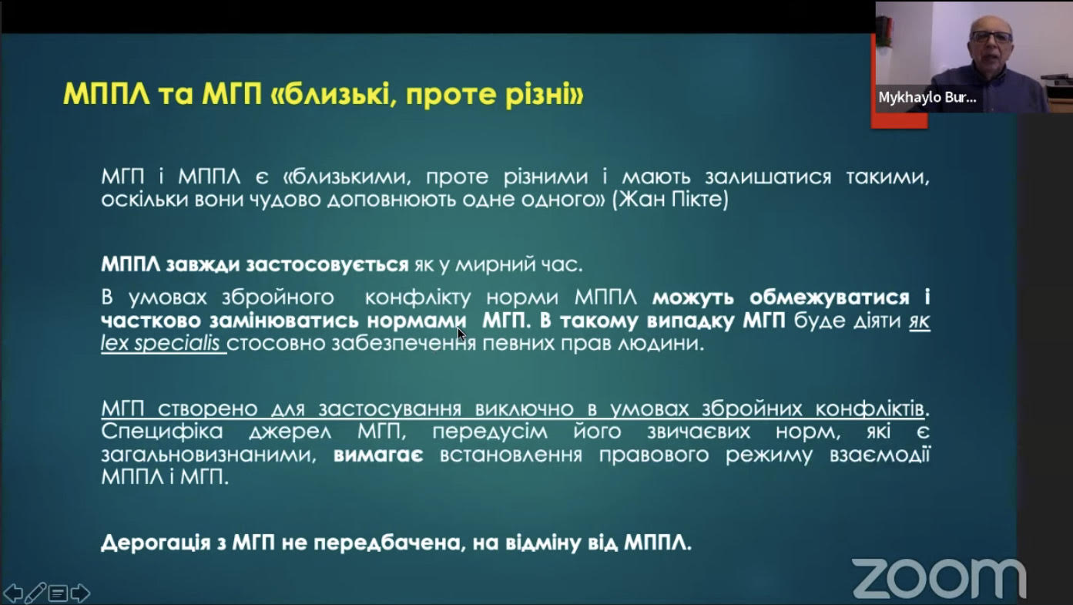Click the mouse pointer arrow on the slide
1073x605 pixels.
click(461, 334)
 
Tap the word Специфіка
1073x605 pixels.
click(162, 431)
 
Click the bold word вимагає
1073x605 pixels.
click(378, 455)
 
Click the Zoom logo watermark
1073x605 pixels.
click(939, 578)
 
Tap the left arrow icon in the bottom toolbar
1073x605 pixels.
click(13, 593)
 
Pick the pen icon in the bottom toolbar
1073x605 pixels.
click(35, 593)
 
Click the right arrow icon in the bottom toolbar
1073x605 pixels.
click(80, 593)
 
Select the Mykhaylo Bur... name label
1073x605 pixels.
click(927, 99)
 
